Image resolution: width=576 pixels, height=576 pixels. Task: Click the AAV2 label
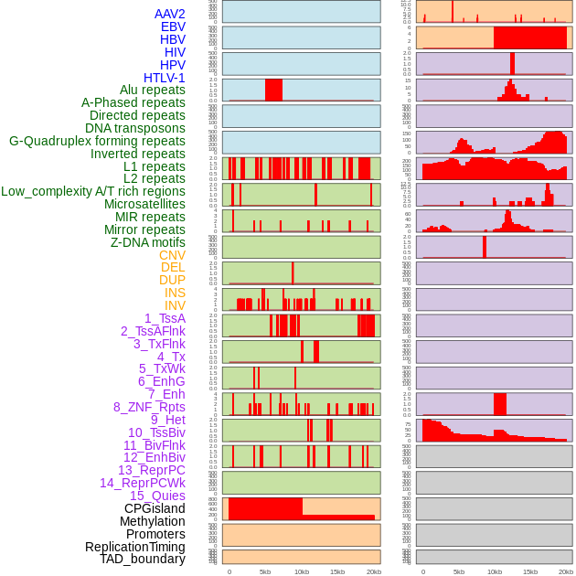[170, 14]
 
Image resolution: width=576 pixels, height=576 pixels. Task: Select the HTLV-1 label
[165, 78]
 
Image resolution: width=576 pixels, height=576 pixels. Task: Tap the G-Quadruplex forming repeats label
[97, 141]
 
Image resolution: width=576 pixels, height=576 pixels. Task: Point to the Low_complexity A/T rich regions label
[93, 191]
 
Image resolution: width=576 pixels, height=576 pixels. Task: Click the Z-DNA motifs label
[147, 242]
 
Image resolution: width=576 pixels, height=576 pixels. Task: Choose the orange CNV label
[172, 255]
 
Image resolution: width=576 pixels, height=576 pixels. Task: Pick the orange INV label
[175, 305]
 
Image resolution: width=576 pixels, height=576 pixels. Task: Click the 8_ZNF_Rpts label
[149, 407]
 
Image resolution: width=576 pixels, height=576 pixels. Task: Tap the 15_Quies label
[156, 496]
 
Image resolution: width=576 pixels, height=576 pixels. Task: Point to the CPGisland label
[155, 508]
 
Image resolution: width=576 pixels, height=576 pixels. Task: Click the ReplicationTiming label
[135, 547]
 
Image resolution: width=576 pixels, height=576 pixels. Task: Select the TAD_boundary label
[143, 559]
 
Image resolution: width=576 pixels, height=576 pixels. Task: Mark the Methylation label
[146, 521]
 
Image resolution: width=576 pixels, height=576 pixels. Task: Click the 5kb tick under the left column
[265, 571]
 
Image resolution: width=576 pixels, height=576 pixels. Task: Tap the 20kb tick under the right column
[566, 571]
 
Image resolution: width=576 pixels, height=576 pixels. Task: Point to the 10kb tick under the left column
[301, 571]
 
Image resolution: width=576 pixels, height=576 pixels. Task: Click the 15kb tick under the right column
[530, 571]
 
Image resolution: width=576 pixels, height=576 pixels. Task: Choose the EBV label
[173, 27]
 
